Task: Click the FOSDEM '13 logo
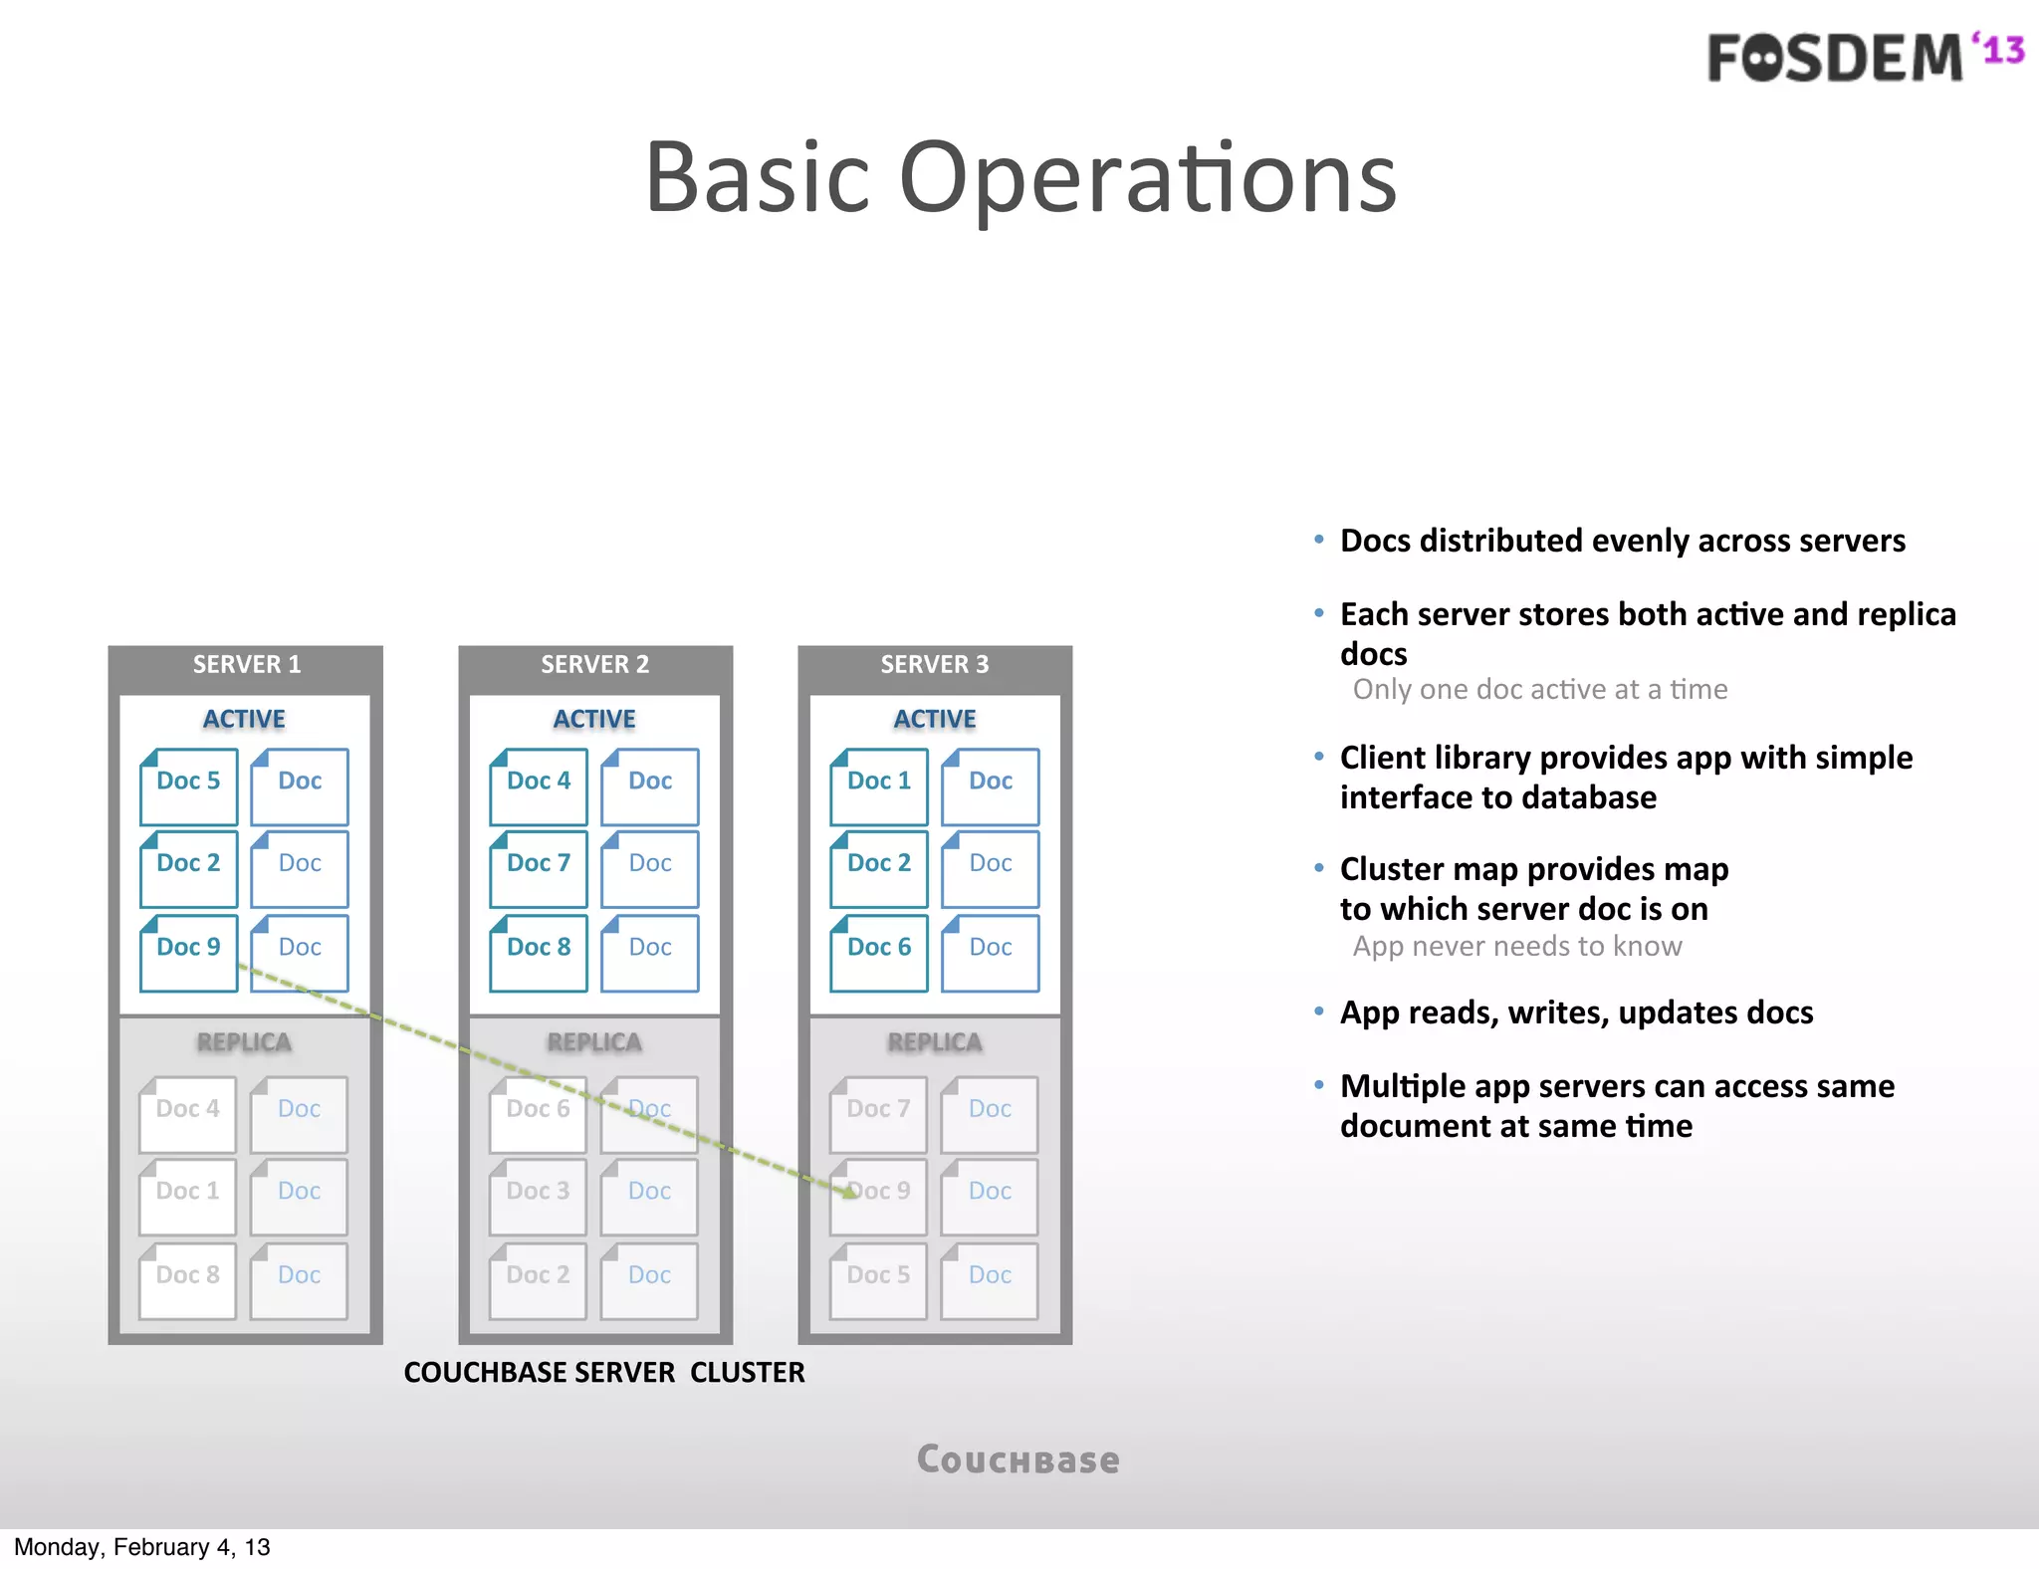(x=1864, y=57)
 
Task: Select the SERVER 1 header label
(x=246, y=665)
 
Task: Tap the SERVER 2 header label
(x=594, y=665)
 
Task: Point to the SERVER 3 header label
(x=934, y=665)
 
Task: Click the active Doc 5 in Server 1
(x=188, y=786)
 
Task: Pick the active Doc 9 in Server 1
(x=188, y=953)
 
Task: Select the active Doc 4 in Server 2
(x=539, y=786)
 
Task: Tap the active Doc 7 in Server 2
(x=539, y=868)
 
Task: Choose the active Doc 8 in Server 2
(x=539, y=953)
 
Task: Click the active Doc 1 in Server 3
(x=879, y=786)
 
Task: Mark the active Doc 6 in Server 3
(x=879, y=953)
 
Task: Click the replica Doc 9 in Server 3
(x=878, y=1196)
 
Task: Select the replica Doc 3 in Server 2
(x=538, y=1196)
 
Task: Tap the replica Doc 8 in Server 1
(x=187, y=1280)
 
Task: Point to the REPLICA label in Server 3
(x=934, y=1042)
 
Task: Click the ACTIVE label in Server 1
(x=244, y=719)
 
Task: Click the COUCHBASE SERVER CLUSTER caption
(x=604, y=1373)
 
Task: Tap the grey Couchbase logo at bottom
(x=1019, y=1460)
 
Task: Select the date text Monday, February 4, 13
(x=141, y=1547)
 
